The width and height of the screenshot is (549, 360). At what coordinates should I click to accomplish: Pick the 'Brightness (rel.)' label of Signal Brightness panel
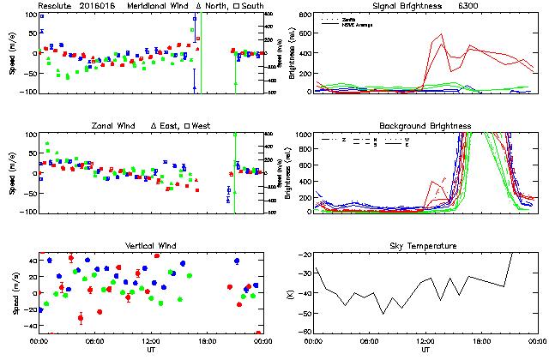(290, 53)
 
